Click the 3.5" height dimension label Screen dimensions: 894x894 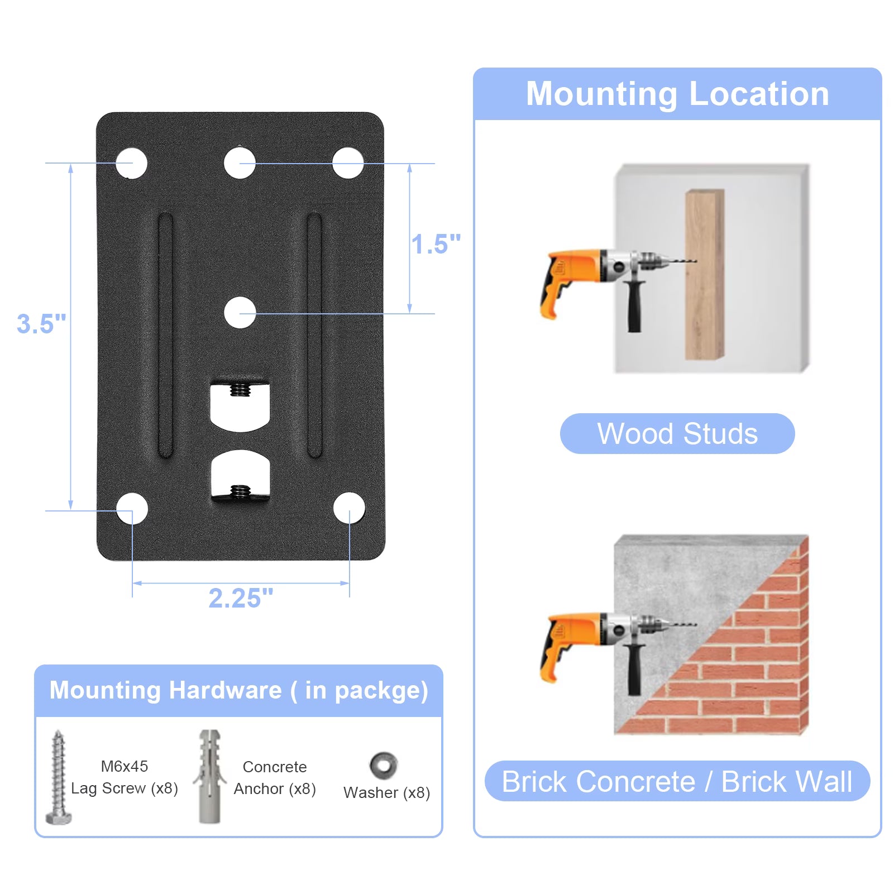pos(41,324)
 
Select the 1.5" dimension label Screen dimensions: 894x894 pos(436,244)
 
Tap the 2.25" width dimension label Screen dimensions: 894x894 pos(241,598)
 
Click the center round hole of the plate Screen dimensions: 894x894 pos(240,313)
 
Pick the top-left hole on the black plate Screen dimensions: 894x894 pos(132,163)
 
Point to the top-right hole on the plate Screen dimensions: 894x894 pos(348,163)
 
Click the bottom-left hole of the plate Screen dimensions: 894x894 pos(132,509)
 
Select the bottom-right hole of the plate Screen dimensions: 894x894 pos(349,509)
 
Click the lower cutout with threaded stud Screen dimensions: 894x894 pos(241,475)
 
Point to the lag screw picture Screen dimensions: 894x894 pos(59,777)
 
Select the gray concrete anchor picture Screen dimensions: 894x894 pos(209,776)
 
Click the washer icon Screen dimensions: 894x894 pos(384,766)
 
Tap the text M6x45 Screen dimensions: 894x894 pos(125,766)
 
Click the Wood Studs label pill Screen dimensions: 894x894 pos(677,433)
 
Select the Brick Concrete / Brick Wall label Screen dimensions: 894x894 pos(677,781)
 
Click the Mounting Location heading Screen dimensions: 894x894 pos(677,93)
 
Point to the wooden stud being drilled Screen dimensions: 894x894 pos(705,274)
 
